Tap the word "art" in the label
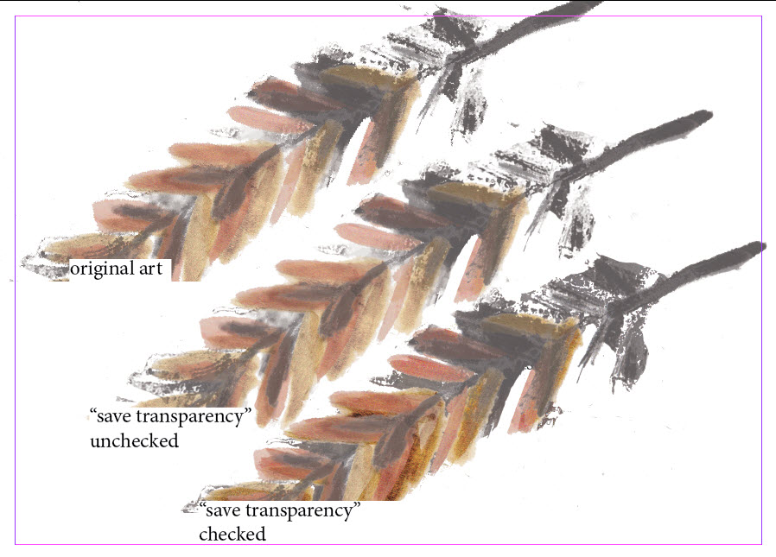click(151, 269)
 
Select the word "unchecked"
click(134, 440)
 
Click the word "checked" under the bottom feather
click(232, 534)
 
